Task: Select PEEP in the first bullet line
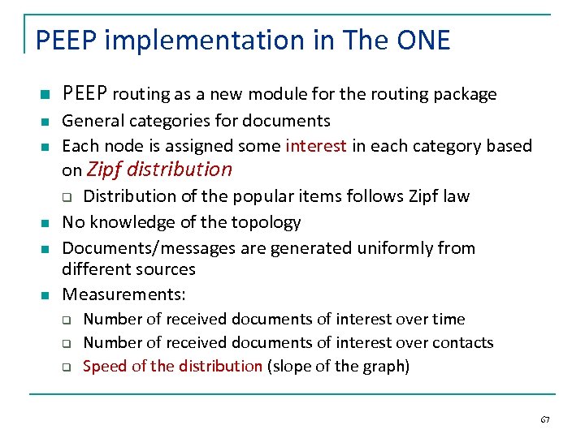(84, 94)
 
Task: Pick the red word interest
(316, 146)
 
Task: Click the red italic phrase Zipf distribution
(159, 170)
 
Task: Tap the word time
(450, 319)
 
